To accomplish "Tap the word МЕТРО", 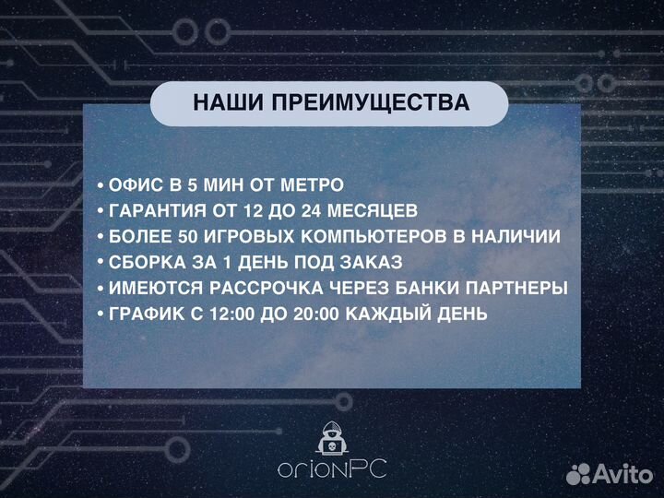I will [309, 184].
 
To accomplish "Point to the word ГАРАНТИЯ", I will [158, 210].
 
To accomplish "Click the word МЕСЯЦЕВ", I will [365, 210].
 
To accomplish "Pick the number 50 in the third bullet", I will [192, 236].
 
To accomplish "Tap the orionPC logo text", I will [331, 469].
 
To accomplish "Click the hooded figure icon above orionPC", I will [331, 438].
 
